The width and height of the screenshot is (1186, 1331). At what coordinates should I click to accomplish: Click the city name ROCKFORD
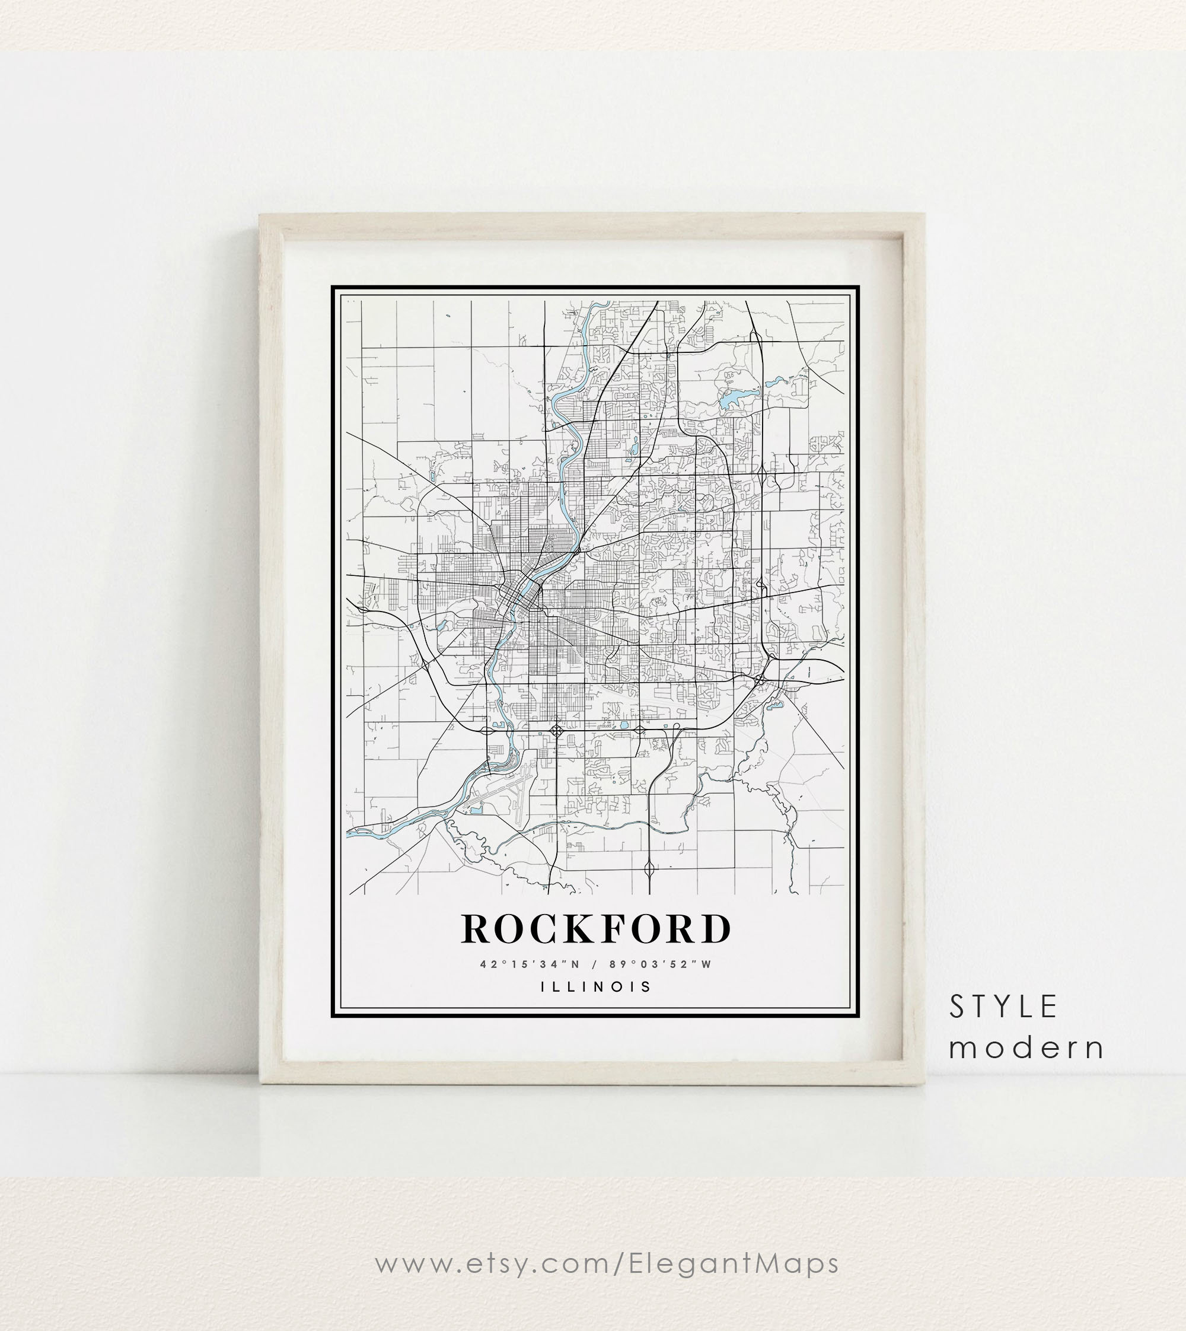coord(595,928)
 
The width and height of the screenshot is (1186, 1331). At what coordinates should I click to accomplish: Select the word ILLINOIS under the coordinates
coord(595,986)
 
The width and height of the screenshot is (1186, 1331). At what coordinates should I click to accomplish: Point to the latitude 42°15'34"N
coord(528,964)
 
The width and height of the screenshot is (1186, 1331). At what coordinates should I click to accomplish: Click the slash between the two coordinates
coord(594,964)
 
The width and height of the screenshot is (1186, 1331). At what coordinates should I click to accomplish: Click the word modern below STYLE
coord(1026,1048)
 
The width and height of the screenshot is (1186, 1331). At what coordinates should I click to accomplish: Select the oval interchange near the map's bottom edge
coord(650,868)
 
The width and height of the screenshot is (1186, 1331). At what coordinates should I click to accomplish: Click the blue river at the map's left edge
coord(355,833)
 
